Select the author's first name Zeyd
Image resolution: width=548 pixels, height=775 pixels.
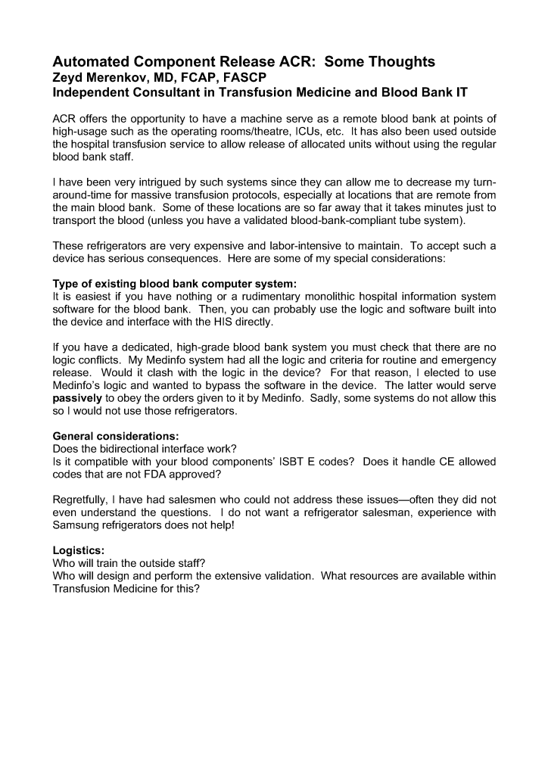tap(70, 77)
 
